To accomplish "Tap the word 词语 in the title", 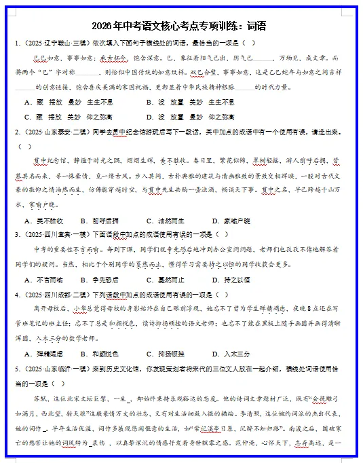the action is [x=256, y=26].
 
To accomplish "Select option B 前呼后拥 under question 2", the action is [x=104, y=221].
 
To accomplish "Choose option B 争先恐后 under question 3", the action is [x=104, y=280].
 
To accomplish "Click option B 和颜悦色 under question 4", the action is [x=104, y=354].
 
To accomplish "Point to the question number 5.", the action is [x=18, y=369].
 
